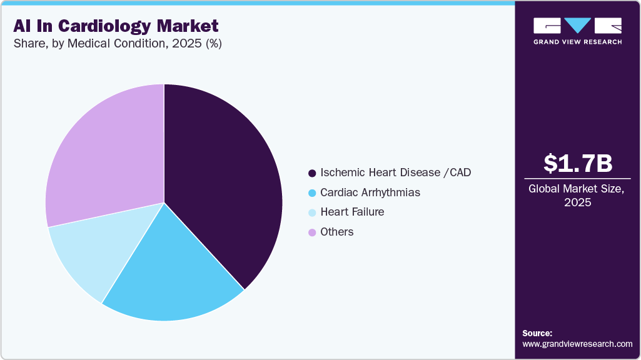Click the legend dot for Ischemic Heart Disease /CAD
(312, 172)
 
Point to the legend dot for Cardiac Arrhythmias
(312, 192)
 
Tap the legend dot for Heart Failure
(312, 212)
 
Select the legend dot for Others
(312, 232)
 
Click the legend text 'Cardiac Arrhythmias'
(370, 192)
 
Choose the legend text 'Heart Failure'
(352, 212)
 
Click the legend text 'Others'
(337, 232)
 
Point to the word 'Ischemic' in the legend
(341, 172)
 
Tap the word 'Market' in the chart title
(188, 26)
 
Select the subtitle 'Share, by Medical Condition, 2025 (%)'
(117, 44)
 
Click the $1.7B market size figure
(578, 163)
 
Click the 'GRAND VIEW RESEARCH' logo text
(577, 42)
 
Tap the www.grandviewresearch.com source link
(577, 344)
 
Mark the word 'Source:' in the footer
(537, 333)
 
